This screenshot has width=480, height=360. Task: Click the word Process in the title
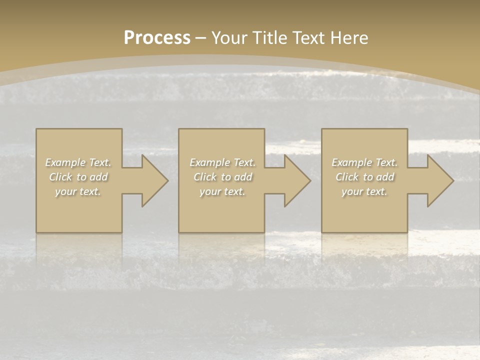click(157, 38)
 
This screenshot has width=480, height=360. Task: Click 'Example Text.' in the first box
click(78, 162)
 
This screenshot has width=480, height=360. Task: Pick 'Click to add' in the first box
click(78, 177)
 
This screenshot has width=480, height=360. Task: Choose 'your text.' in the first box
click(78, 191)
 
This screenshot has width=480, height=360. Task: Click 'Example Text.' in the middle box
click(222, 162)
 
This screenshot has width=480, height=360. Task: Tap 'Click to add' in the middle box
click(222, 177)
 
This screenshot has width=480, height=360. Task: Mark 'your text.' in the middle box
click(222, 191)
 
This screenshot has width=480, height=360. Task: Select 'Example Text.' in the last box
click(364, 162)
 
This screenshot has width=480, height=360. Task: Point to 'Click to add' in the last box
click(364, 177)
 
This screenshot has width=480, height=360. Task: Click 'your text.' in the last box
click(364, 191)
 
